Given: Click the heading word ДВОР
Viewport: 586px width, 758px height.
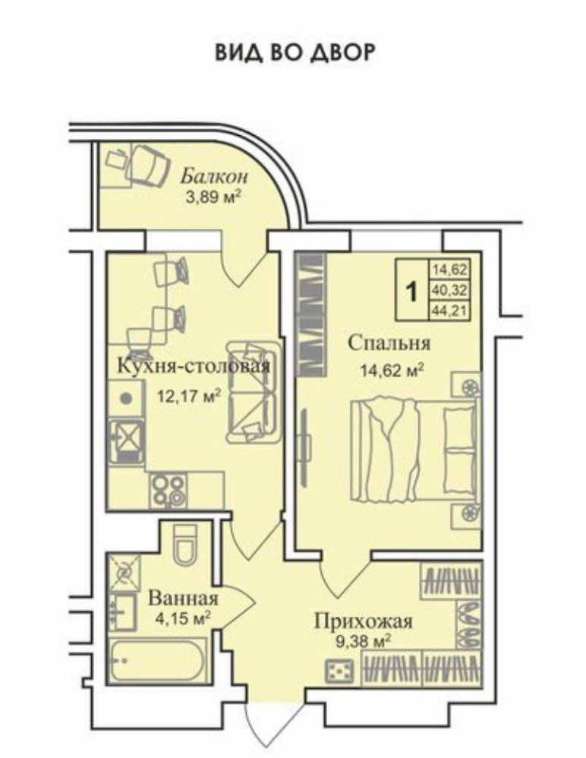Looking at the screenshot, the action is pos(342,52).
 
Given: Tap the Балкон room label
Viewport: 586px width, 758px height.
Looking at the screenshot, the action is pos(214,177).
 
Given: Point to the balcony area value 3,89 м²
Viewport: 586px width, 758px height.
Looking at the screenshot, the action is pos(213,197).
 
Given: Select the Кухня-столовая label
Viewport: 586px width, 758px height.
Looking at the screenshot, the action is pos(194,366).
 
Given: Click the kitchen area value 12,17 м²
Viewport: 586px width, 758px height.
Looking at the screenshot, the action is pos(189,396).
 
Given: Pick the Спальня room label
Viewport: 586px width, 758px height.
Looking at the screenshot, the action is pos(389,343).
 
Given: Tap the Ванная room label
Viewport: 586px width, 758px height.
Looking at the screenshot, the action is pos(183,599).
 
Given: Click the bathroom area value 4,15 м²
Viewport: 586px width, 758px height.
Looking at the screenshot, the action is pos(182,617).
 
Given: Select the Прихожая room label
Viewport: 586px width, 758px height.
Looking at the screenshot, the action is pos(364,621).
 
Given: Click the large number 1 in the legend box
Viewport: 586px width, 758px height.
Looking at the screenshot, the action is pos(411,292).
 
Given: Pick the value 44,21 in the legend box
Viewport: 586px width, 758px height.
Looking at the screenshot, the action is pos(450,311).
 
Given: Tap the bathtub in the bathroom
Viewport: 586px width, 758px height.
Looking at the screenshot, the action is pos(158,662).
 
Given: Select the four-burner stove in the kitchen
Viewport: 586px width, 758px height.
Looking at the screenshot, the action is pos(168,490).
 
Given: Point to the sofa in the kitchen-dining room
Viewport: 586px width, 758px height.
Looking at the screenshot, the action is pos(253,392).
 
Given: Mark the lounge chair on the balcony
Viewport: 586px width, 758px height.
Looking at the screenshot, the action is pos(148,164).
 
